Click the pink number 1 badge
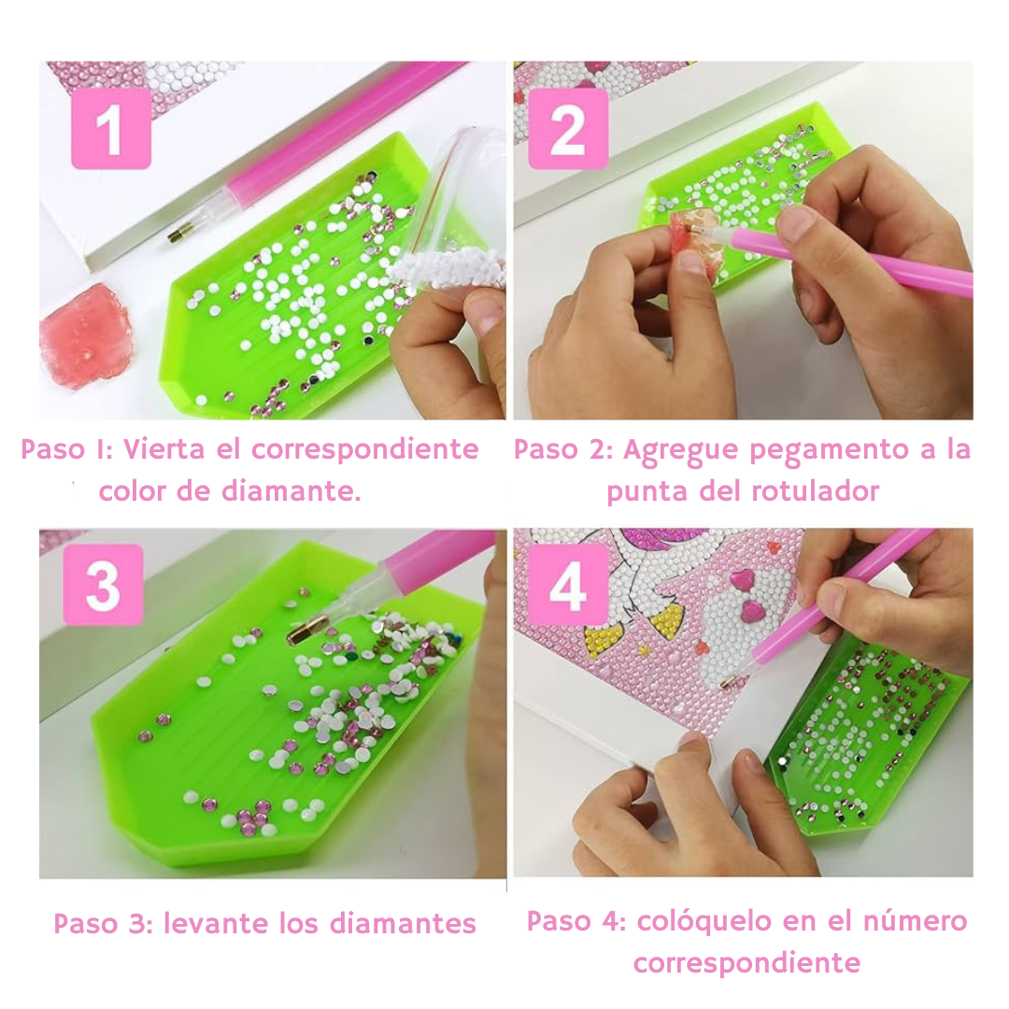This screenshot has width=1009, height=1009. click(110, 128)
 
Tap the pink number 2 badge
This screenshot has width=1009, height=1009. click(568, 128)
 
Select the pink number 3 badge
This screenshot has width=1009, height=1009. click(103, 585)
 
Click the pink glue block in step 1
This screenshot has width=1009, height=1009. click(84, 334)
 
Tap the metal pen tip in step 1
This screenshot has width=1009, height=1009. click(180, 233)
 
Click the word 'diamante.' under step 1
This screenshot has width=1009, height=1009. click(291, 491)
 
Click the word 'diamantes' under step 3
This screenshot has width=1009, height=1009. click(403, 923)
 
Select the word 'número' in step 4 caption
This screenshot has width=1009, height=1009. click(915, 921)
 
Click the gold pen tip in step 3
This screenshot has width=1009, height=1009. click(303, 632)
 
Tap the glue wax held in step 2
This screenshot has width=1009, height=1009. click(693, 243)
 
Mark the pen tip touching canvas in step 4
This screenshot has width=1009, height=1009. click(730, 682)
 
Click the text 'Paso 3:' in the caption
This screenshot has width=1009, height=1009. click(103, 923)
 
